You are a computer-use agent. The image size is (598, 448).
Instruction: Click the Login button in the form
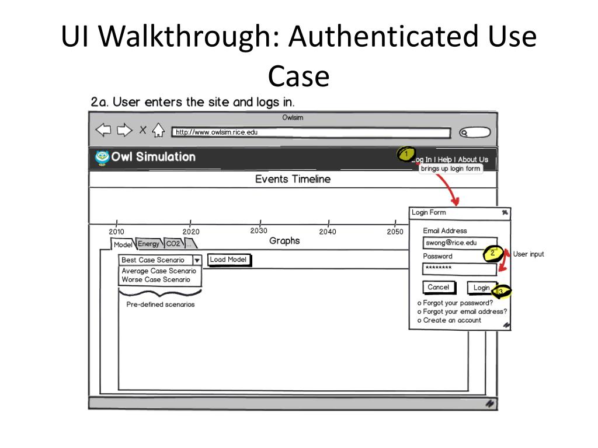tap(481, 288)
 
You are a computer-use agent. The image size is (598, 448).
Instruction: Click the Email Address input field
tap(460, 243)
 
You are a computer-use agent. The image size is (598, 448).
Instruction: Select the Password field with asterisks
tap(459, 268)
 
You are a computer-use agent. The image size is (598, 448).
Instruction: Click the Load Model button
tap(228, 260)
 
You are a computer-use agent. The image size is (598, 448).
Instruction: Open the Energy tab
tap(148, 244)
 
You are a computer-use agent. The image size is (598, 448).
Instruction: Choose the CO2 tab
tap(173, 244)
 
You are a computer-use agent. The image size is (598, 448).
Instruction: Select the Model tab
tap(123, 245)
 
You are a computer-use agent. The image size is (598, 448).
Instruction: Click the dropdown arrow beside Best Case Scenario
tap(197, 260)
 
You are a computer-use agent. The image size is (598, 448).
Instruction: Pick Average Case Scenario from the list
tap(159, 271)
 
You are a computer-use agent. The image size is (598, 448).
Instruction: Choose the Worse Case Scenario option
tap(156, 279)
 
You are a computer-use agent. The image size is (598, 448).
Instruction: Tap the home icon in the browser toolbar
tap(158, 131)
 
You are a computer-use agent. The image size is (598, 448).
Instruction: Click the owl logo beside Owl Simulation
tap(102, 157)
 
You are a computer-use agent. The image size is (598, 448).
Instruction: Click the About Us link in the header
tap(473, 159)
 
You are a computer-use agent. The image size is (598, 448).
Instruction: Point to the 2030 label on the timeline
tap(259, 231)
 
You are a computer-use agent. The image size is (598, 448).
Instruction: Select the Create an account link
tap(452, 320)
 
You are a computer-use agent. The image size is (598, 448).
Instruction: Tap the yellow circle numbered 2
tap(492, 253)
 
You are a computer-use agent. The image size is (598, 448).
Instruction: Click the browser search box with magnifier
tap(474, 132)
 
